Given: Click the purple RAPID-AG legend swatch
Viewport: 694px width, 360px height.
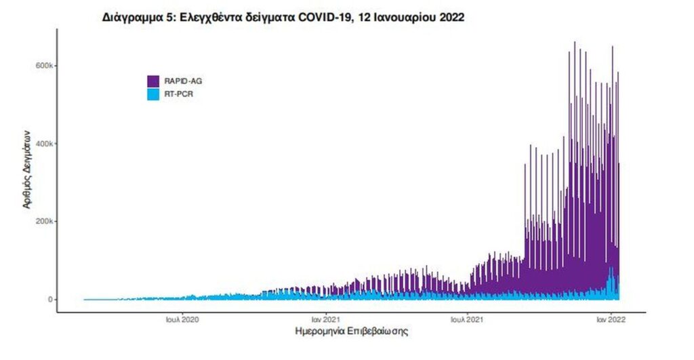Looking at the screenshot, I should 154,81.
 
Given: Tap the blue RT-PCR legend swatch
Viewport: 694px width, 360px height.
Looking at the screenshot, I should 154,94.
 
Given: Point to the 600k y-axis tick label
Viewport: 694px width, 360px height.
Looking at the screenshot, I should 44,66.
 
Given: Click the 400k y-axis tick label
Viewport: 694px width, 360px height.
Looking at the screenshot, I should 44,144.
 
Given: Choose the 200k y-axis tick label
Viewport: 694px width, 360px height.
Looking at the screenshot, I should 44,222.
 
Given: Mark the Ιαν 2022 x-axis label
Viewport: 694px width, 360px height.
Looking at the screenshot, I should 610,319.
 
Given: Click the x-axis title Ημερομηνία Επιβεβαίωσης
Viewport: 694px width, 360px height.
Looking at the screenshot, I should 352,334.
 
